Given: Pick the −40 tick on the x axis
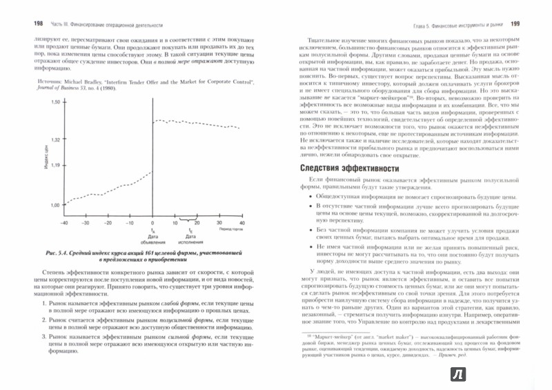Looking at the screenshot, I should [64, 224].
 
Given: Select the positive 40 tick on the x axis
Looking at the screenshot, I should [241, 224].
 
